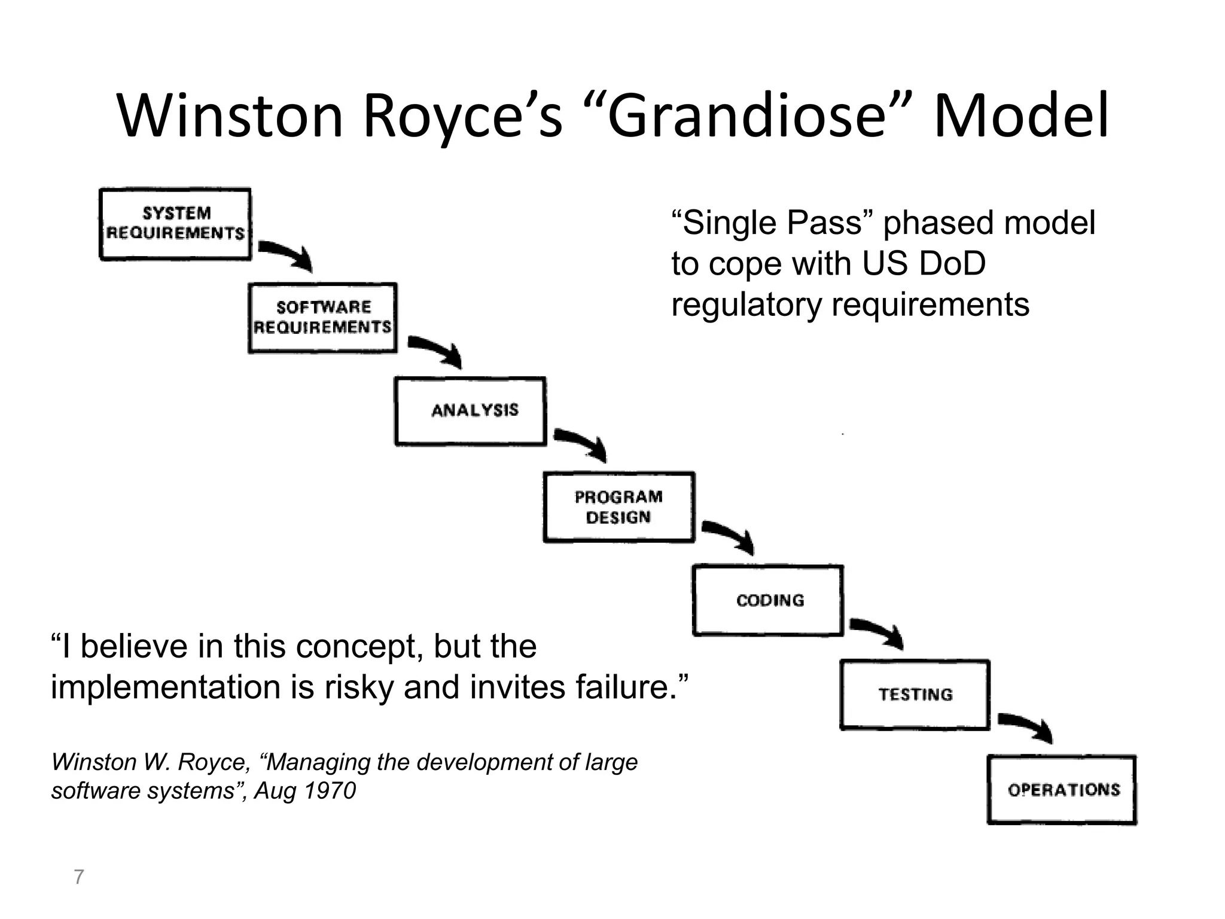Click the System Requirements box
pyautogui.click(x=175, y=224)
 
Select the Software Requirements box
pyautogui.click(x=322, y=318)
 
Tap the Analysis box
pyautogui.click(x=471, y=411)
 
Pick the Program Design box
pyautogui.click(x=619, y=507)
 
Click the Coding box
pyautogui.click(x=768, y=600)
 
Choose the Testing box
pyautogui.click(x=915, y=694)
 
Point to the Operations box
pyautogui.click(x=1062, y=790)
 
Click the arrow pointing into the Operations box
pyautogui.click(x=1026, y=725)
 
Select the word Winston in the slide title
pyautogui.click(x=230, y=115)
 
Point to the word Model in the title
pyautogui.click(x=1020, y=115)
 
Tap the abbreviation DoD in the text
pyautogui.click(x=952, y=263)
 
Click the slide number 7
pyautogui.click(x=78, y=877)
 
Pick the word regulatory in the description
pyautogui.click(x=746, y=304)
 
